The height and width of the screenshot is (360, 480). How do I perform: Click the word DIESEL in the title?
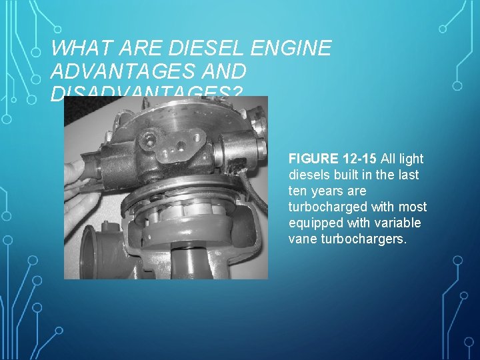coord(207,49)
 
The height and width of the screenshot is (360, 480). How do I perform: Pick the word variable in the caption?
coord(401,223)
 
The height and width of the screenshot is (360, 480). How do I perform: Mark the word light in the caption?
coord(411,159)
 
